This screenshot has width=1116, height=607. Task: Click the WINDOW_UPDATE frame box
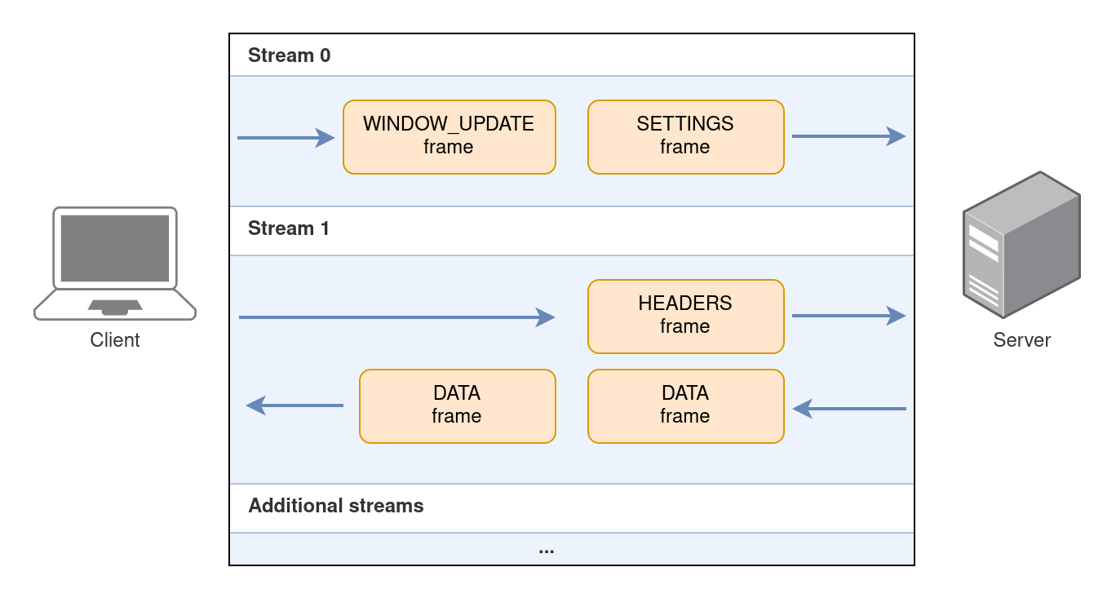(449, 137)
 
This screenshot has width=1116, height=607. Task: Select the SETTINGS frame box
(685, 137)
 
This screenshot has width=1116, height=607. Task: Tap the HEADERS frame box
(685, 317)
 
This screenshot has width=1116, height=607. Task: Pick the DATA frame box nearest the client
(457, 406)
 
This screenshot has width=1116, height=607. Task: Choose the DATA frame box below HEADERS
(685, 406)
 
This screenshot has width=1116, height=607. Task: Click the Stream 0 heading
(289, 55)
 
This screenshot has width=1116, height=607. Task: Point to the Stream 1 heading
(289, 228)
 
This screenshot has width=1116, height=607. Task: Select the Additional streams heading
(335, 506)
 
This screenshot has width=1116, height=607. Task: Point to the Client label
(115, 340)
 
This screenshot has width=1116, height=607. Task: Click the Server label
(1021, 340)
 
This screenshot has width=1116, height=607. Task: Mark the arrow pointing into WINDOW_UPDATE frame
(286, 138)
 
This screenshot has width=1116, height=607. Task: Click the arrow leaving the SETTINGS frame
(848, 136)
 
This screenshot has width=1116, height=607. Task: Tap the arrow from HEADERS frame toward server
(848, 316)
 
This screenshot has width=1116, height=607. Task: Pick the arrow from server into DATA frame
(849, 408)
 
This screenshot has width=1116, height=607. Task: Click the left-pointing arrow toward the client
(294, 405)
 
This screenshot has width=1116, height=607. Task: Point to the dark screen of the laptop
(115, 248)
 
